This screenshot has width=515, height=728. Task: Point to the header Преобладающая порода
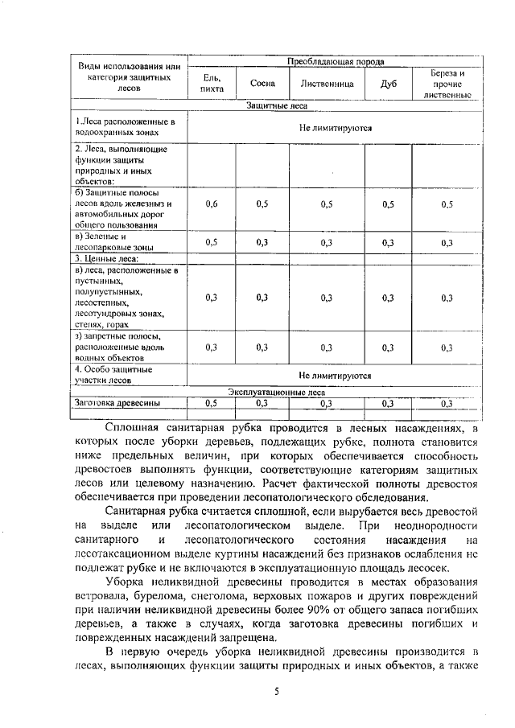tap(336, 61)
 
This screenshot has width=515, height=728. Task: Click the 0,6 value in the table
tap(212, 204)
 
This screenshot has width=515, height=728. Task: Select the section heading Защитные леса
tap(276, 105)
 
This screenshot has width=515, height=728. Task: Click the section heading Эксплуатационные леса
tap(276, 392)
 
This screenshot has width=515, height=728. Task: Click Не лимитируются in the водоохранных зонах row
tap(335, 127)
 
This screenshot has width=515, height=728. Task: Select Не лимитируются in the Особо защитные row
tap(335, 375)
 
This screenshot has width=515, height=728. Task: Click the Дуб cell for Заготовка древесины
tap(388, 403)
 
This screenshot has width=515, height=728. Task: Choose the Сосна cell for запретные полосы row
tap(262, 348)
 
